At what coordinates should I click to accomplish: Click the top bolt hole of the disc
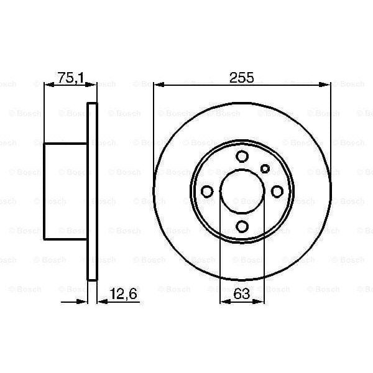242,157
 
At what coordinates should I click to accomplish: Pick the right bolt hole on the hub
277,191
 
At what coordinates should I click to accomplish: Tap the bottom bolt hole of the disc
242,226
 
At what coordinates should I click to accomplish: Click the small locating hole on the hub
265,168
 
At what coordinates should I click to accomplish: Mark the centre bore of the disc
242,191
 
